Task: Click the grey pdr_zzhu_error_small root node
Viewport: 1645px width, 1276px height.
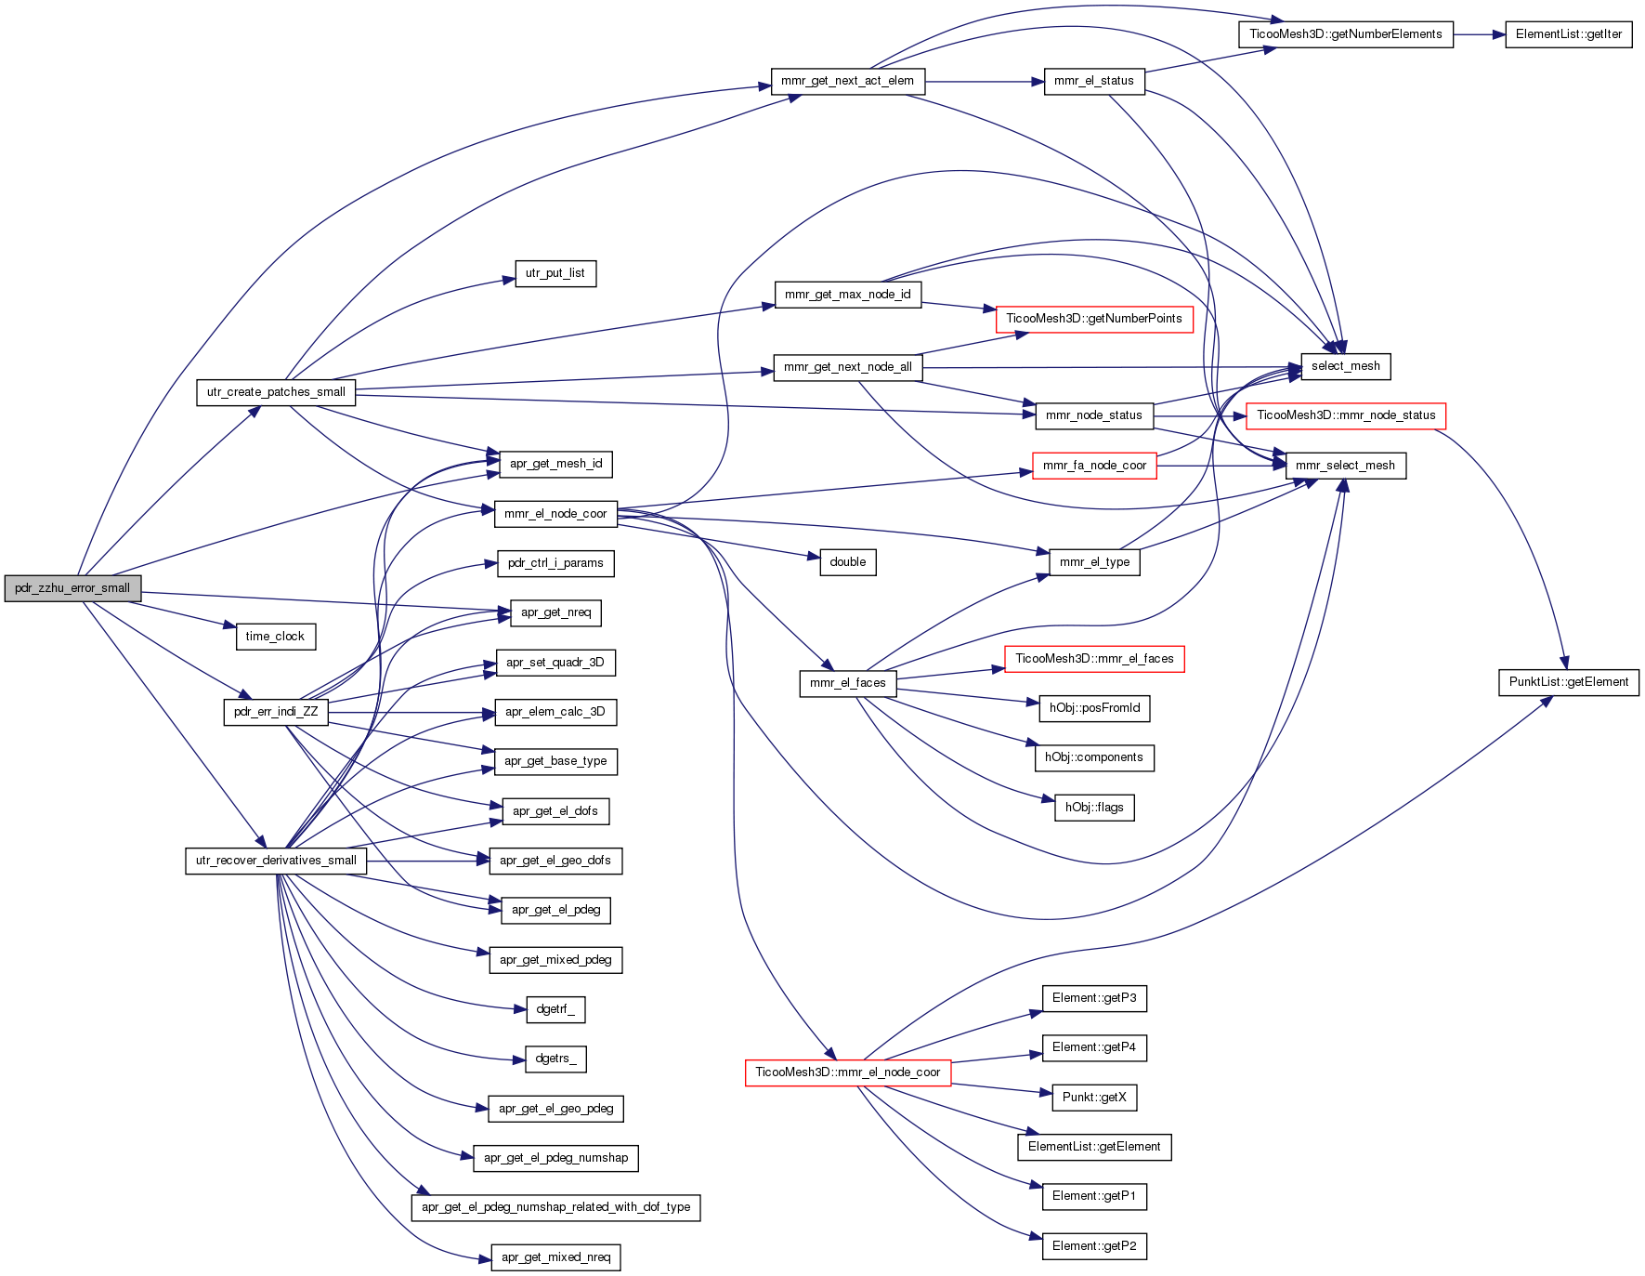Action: coord(72,588)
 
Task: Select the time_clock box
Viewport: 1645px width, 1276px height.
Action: coord(275,637)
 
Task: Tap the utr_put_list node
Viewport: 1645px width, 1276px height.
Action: coord(555,273)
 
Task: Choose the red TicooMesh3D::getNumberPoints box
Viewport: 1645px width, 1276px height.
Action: coord(1094,319)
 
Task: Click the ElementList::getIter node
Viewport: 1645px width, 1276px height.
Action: coord(1569,34)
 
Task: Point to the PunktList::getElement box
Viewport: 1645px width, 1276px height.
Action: coord(1569,682)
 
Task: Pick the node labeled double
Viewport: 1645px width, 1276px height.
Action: coord(848,562)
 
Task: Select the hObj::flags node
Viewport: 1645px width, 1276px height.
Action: coord(1094,808)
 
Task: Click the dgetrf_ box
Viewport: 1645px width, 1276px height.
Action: coord(555,1009)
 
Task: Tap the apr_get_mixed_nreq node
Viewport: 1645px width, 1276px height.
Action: coord(555,1257)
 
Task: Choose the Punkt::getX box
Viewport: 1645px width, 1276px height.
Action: coord(1094,1098)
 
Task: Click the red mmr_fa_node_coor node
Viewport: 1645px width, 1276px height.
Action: coord(1094,466)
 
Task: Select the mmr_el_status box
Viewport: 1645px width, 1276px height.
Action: coord(1094,81)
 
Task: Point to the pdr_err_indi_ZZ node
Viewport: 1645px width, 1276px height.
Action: coord(276,712)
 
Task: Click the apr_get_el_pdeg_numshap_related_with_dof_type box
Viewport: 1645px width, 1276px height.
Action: coord(555,1207)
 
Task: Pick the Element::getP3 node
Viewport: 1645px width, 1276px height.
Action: coord(1094,998)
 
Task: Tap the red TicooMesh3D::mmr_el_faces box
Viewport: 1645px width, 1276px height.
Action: coord(1094,659)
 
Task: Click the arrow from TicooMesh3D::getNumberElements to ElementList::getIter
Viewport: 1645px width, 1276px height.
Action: coord(1480,34)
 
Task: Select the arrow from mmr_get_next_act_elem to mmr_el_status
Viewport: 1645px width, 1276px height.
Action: coord(985,82)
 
